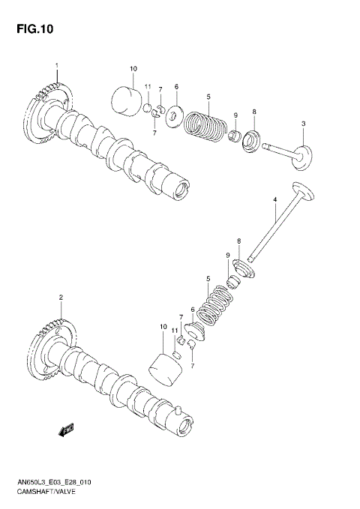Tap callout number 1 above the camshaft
coord(56,66)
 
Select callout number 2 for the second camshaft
coord(61,298)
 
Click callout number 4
coord(274,199)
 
